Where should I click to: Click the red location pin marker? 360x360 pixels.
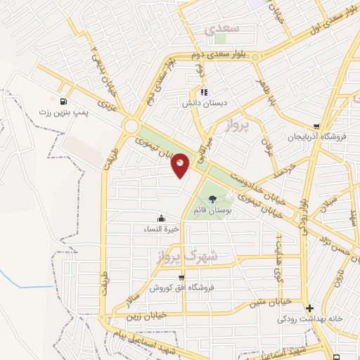pos(181,166)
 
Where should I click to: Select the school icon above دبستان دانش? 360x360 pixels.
pos(204,91)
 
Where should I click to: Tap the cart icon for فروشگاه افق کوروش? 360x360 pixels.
pos(181,277)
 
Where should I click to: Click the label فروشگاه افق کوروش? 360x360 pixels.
pos(181,288)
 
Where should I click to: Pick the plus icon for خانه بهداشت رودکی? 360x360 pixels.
pos(310,307)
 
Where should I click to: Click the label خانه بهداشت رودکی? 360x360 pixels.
pos(310,319)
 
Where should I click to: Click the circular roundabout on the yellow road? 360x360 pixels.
pos(130,127)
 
